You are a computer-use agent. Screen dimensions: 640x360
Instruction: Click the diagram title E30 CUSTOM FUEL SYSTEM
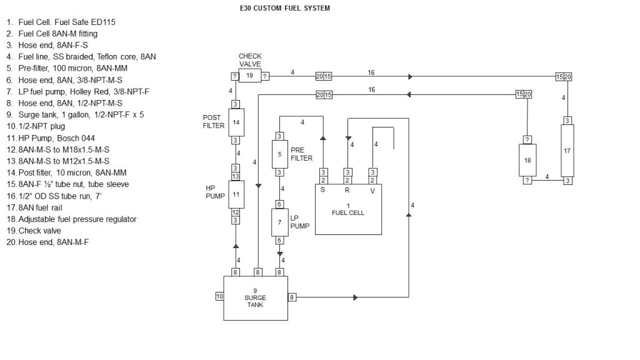(x=285, y=8)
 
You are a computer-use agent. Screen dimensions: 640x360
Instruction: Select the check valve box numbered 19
(x=250, y=76)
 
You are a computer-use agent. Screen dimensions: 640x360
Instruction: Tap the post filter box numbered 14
(x=236, y=122)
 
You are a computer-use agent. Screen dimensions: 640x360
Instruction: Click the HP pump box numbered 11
(x=236, y=194)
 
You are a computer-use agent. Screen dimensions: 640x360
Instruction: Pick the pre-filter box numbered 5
(x=279, y=154)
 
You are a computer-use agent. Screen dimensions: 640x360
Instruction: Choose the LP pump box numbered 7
(x=279, y=222)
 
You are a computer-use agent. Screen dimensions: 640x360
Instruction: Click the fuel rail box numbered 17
(x=567, y=151)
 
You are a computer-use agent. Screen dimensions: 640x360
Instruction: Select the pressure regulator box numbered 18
(x=527, y=160)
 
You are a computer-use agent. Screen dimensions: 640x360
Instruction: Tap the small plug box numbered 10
(x=219, y=296)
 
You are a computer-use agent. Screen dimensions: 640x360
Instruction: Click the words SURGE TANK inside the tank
(x=255, y=301)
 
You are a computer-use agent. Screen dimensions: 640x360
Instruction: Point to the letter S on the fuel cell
(x=322, y=190)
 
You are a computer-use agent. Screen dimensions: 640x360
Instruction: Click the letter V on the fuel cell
(x=372, y=191)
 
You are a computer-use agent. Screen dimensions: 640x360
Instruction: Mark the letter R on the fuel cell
(x=347, y=190)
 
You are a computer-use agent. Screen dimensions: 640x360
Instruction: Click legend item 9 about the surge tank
(x=75, y=115)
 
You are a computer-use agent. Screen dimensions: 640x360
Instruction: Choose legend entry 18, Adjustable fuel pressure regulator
(x=71, y=219)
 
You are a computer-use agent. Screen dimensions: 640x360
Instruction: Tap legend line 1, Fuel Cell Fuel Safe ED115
(x=61, y=22)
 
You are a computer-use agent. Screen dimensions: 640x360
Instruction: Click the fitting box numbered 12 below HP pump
(x=236, y=212)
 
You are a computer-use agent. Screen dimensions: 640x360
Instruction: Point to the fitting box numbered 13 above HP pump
(x=236, y=176)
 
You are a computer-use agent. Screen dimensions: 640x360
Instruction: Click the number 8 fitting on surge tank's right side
(x=292, y=297)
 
